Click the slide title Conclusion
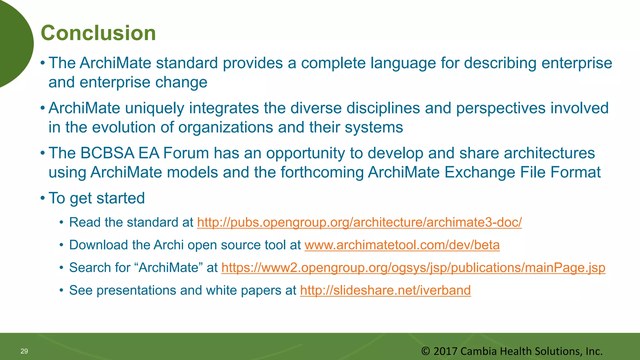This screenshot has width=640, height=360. pos(98,33)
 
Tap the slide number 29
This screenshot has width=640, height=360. pos(24,351)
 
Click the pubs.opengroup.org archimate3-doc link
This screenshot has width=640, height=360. pos(359,222)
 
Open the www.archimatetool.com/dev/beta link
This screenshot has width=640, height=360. pos(402,245)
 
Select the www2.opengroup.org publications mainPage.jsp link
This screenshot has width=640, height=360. pos(413,268)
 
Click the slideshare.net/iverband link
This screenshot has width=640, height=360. pos(385,290)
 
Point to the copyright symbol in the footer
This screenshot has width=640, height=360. pos(425,351)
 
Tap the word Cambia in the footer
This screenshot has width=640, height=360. pos(479,351)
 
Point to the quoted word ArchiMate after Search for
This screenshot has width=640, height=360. pos(169,268)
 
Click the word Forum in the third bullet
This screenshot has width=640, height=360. pos(186,153)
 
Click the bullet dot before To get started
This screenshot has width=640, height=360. pos(42,198)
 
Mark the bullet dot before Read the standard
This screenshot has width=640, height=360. pos(62,223)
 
